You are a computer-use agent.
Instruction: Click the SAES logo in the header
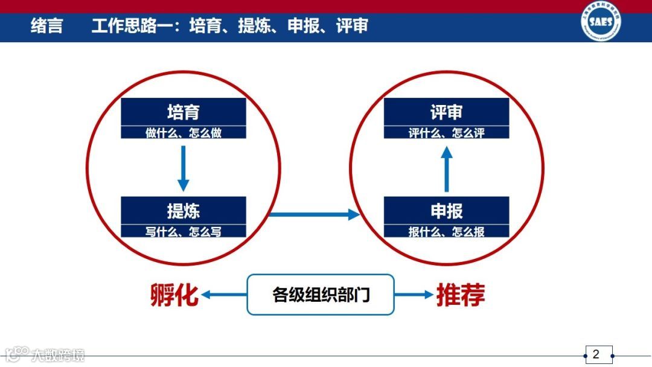click(x=601, y=22)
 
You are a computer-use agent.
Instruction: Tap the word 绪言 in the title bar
click(x=46, y=26)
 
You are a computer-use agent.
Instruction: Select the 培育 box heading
click(x=184, y=112)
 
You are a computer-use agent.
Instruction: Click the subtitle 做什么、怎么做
click(x=184, y=133)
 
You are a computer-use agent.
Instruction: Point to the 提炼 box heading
click(x=184, y=211)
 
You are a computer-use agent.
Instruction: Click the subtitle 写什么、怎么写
click(x=184, y=231)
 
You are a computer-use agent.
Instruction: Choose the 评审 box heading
click(x=447, y=112)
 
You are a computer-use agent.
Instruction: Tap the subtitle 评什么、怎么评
click(x=447, y=133)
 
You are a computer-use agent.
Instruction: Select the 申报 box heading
click(x=447, y=211)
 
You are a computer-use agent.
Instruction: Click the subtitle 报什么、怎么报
click(x=447, y=231)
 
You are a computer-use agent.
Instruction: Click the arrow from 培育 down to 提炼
click(x=184, y=167)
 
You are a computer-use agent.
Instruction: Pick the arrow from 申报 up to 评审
click(x=447, y=170)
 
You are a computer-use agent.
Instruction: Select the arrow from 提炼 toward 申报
click(x=314, y=214)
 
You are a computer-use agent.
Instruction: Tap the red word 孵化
click(x=174, y=295)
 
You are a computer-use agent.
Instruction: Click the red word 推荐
click(x=461, y=295)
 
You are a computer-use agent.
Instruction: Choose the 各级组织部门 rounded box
click(x=321, y=295)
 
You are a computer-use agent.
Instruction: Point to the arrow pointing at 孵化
click(x=224, y=295)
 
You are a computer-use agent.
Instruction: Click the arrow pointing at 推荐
click(x=414, y=295)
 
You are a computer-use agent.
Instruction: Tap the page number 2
click(x=596, y=354)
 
